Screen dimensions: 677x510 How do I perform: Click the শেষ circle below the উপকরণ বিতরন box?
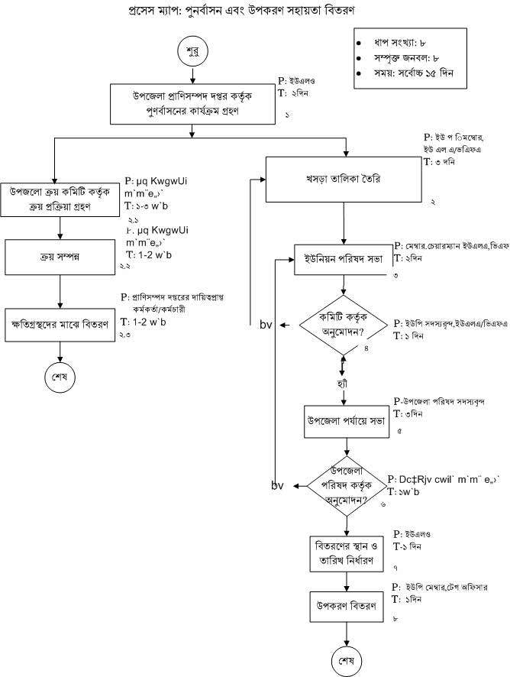click(x=346, y=659)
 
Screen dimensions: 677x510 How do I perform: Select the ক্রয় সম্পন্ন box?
click(x=60, y=256)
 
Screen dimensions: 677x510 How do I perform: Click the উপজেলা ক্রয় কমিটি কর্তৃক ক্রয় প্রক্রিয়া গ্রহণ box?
click(x=59, y=200)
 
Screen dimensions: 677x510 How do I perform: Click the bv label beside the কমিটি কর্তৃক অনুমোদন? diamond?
click(x=266, y=326)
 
